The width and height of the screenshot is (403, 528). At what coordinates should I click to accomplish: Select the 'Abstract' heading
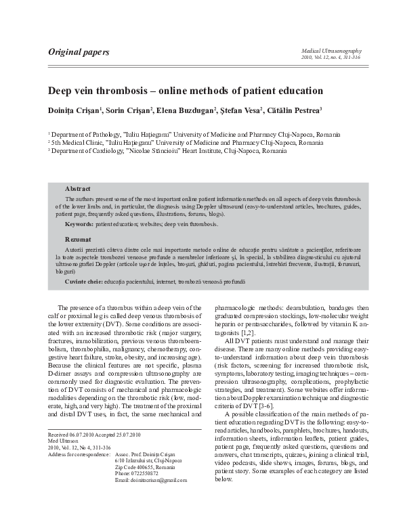[77, 188]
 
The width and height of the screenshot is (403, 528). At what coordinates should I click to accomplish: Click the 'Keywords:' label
[79, 223]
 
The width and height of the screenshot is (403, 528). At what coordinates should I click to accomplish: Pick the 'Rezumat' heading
[78, 240]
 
